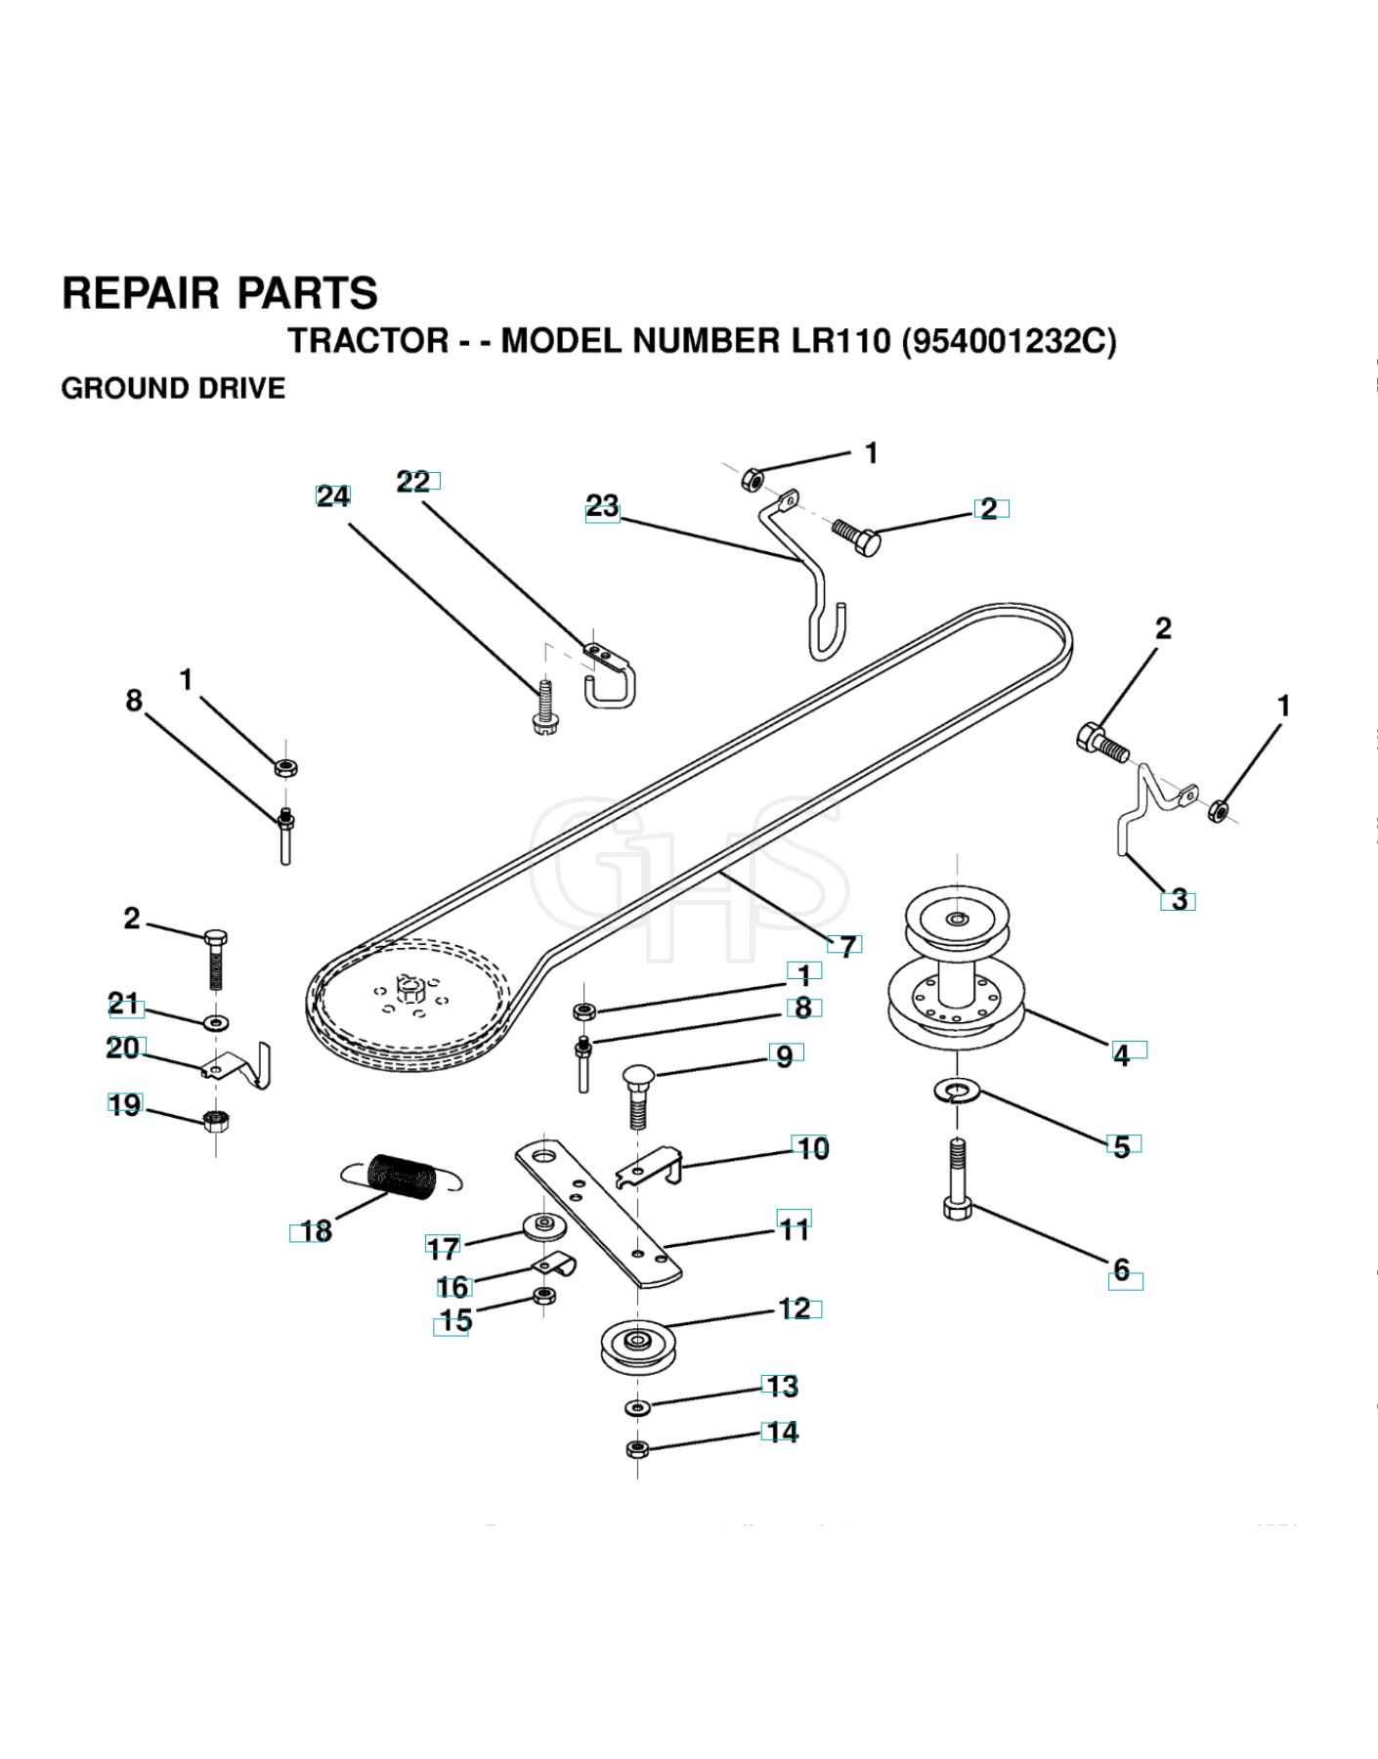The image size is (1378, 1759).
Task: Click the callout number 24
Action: click(x=333, y=496)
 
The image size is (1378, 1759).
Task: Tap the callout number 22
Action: click(x=413, y=482)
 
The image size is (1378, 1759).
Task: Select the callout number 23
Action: click(x=602, y=506)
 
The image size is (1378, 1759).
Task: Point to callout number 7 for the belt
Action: click(x=847, y=946)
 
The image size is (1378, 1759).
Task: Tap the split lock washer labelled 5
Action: click(x=957, y=1090)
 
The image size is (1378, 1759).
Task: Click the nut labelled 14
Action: click(x=637, y=1448)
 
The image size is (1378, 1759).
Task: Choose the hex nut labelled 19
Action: click(x=216, y=1119)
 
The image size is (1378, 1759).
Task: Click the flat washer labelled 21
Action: click(x=216, y=1023)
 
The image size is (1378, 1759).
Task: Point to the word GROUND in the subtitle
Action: click(x=115, y=388)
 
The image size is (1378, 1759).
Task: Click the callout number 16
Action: click(x=452, y=1287)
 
